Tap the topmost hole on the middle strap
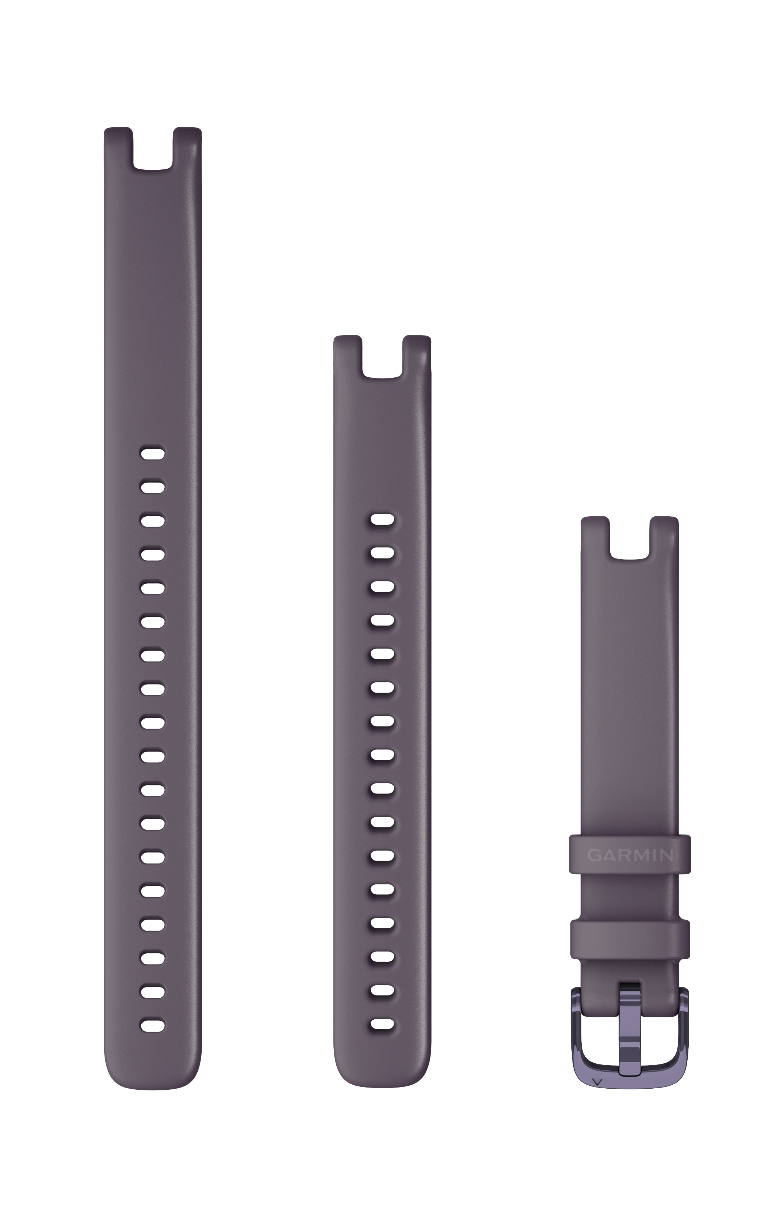[x=383, y=519]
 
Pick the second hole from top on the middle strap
[x=383, y=553]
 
